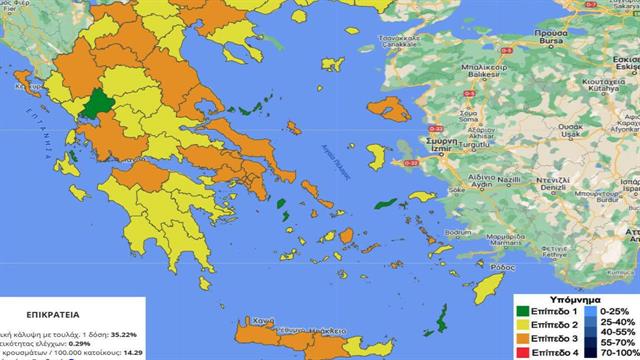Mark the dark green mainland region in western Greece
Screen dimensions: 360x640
click(x=99, y=105)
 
